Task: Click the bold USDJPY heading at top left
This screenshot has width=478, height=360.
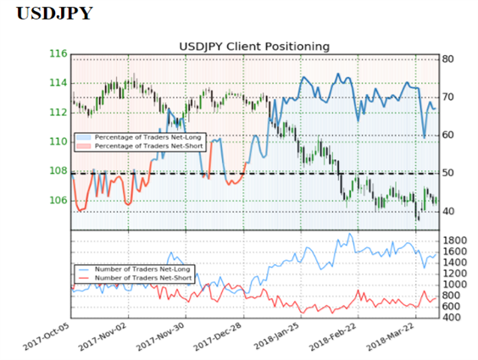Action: [54, 14]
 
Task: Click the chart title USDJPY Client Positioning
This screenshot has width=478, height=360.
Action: [254, 47]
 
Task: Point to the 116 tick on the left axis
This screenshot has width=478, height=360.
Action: [58, 54]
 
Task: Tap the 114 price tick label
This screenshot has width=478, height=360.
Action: [58, 83]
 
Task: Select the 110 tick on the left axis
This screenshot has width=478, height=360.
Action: [58, 141]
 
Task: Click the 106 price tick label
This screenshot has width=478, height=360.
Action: [58, 201]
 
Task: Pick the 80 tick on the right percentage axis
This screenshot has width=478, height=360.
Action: [448, 59]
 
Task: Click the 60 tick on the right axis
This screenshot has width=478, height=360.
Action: [448, 135]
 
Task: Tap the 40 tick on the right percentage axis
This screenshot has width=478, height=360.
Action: [448, 211]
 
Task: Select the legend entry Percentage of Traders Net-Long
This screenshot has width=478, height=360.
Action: [140, 137]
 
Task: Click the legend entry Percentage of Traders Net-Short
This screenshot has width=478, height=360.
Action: [140, 147]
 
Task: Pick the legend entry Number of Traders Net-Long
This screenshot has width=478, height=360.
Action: [135, 269]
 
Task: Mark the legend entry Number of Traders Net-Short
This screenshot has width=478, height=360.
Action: [135, 278]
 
